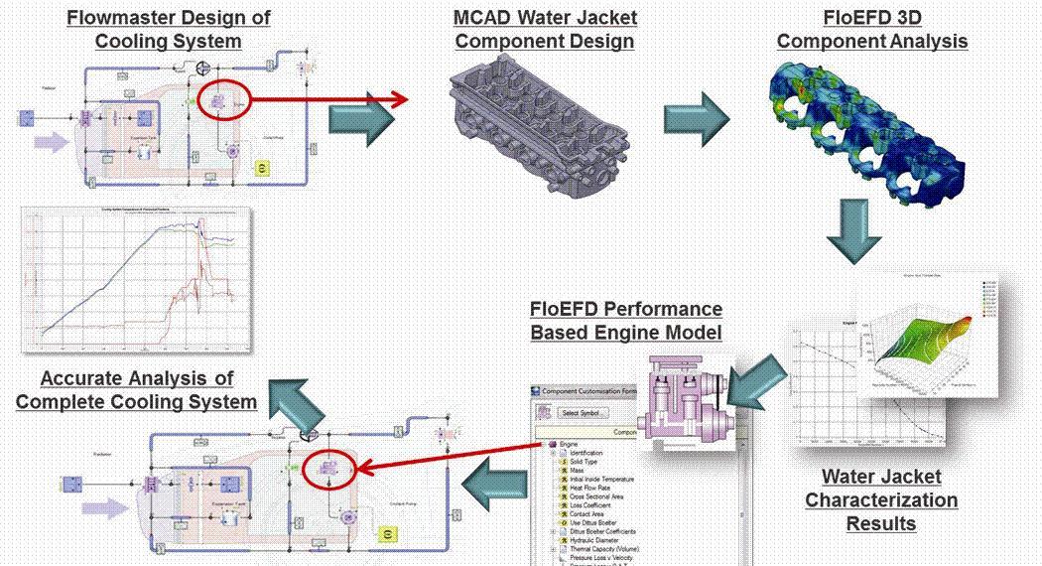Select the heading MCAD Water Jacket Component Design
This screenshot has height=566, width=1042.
[545, 30]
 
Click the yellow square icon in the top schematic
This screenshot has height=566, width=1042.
[262, 170]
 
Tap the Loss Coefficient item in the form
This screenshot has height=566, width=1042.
[603, 504]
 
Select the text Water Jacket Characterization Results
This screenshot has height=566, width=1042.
[880, 499]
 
